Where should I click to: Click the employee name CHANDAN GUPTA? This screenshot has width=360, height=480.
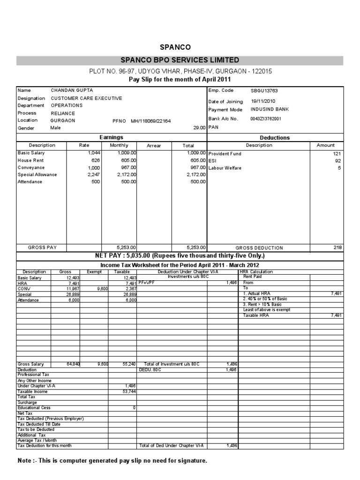(72, 90)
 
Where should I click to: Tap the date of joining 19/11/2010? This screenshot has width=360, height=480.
(263, 101)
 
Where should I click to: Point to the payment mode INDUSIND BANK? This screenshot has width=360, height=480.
(270, 109)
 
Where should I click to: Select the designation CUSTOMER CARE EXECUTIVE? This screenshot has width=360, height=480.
(86, 98)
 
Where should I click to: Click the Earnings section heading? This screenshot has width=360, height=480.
(111, 137)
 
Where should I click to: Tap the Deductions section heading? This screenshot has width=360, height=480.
(275, 138)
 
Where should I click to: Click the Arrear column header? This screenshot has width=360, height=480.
(154, 146)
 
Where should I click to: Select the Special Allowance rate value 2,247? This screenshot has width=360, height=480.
(94, 175)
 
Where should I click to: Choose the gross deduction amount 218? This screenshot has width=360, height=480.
(338, 247)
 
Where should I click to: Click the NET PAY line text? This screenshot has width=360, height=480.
(180, 256)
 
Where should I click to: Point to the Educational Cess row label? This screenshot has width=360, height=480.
(34, 408)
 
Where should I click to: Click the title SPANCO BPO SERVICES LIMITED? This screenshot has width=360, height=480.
(180, 60)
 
